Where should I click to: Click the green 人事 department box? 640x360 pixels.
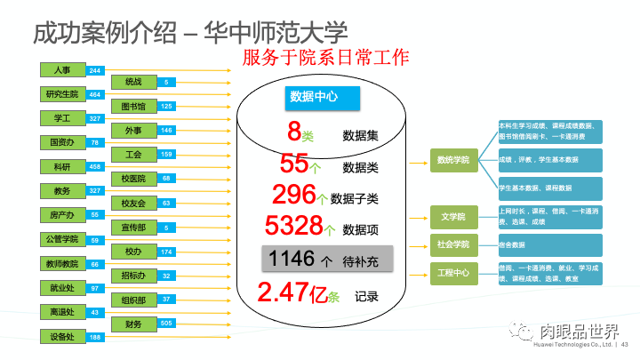coord(61,69)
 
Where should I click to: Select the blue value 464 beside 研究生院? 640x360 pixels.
coord(95,94)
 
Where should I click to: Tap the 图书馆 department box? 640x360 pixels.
coord(133,106)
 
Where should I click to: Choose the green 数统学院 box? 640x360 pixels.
coord(453,160)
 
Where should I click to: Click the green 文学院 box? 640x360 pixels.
coord(453,215)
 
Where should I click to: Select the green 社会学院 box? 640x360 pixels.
coord(453,244)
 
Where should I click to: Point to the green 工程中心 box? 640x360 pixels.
coord(453,272)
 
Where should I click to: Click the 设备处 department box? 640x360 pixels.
coord(61,337)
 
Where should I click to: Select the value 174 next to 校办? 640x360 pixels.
coord(166,252)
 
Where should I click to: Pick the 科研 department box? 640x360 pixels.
coord(61,166)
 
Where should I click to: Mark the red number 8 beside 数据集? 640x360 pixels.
coord(295,132)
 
